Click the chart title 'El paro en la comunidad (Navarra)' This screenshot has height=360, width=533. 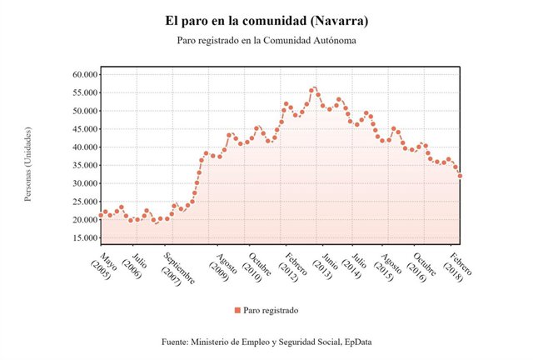pyautogui.click(x=266, y=19)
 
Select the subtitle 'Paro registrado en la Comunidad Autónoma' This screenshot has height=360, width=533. pyautogui.click(x=266, y=40)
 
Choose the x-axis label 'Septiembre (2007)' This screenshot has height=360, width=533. pyautogui.click(x=177, y=268)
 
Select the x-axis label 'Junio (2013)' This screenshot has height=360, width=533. pyautogui.click(x=326, y=262)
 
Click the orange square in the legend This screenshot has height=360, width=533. pyautogui.click(x=237, y=310)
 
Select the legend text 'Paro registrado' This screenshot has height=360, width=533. pyautogui.click(x=271, y=310)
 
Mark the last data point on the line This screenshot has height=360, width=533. pyautogui.click(x=461, y=176)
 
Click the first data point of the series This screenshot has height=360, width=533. pyautogui.click(x=101, y=215)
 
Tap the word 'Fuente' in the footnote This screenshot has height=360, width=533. pyautogui.click(x=177, y=342)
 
